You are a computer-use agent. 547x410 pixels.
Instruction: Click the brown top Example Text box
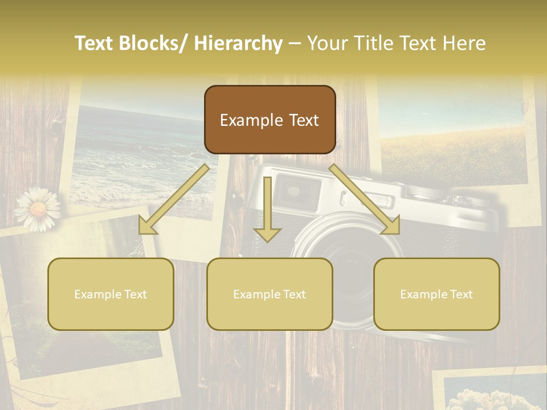tap(270, 120)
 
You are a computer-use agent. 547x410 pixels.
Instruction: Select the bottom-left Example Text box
tap(111, 294)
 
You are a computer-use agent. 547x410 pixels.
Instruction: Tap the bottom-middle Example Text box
tap(270, 294)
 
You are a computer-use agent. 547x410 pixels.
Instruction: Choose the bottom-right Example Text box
tap(436, 294)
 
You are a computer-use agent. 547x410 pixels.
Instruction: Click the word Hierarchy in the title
tap(238, 43)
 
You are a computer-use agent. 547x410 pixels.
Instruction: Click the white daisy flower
tap(38, 209)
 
